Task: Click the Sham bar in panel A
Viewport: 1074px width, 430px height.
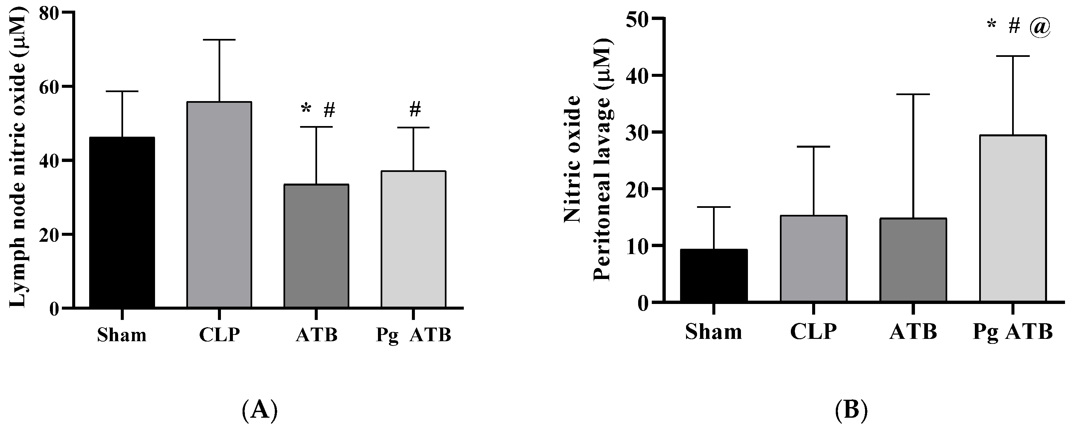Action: pos(122,222)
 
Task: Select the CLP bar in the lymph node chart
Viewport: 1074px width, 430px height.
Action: pos(219,205)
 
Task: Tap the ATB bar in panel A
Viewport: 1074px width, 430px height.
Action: pos(316,246)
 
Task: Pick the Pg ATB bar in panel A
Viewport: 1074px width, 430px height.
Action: pos(414,239)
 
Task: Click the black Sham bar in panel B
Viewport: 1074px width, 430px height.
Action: pos(713,275)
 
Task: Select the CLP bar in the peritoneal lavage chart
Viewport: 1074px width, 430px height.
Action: pos(813,258)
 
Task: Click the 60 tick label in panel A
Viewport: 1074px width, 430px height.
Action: pos(49,87)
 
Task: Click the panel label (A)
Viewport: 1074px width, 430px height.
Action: pos(259,410)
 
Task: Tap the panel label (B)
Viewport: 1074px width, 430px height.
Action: pos(851,410)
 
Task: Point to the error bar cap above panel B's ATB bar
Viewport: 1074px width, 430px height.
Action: pos(913,94)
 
